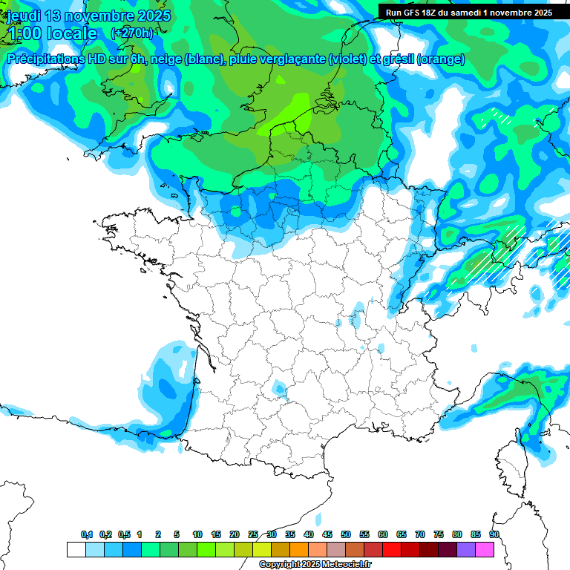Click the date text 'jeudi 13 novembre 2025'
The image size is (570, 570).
pyautogui.click(x=89, y=16)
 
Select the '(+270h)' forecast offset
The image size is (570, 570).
pyautogui.click(x=131, y=33)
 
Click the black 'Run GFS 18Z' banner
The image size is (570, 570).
pyautogui.click(x=468, y=13)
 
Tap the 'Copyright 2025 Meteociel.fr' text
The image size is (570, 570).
pyautogui.click(x=315, y=565)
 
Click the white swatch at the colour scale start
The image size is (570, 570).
pyautogui.click(x=76, y=549)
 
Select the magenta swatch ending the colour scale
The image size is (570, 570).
pyautogui.click(x=485, y=549)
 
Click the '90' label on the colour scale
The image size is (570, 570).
pyautogui.click(x=494, y=534)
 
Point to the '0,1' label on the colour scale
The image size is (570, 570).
pyautogui.click(x=87, y=534)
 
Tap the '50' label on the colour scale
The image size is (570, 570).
pyautogui.click(x=346, y=534)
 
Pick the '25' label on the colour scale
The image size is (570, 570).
pyautogui.click(x=253, y=534)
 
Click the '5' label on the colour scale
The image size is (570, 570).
pyautogui.click(x=177, y=534)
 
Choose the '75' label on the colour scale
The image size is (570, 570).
pyautogui.click(x=439, y=534)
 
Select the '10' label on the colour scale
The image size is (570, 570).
pyautogui.click(x=197, y=534)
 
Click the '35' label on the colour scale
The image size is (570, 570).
pyautogui.click(x=290, y=534)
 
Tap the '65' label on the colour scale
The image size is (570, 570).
pyautogui.click(x=402, y=534)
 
